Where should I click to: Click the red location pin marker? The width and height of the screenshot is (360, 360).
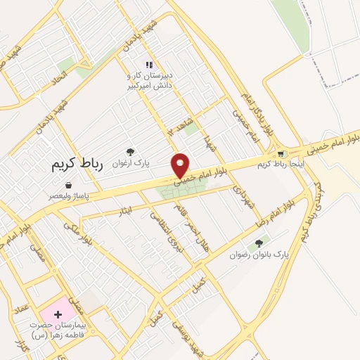click(x=181, y=166)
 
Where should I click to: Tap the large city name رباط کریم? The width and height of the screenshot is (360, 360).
click(x=77, y=165)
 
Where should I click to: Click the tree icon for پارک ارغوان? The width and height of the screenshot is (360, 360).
click(x=130, y=151)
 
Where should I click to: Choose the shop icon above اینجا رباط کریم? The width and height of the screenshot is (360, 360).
click(x=281, y=154)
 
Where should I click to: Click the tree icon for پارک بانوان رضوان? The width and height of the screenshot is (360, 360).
click(x=259, y=243)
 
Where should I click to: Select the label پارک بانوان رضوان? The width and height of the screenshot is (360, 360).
click(x=259, y=254)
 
